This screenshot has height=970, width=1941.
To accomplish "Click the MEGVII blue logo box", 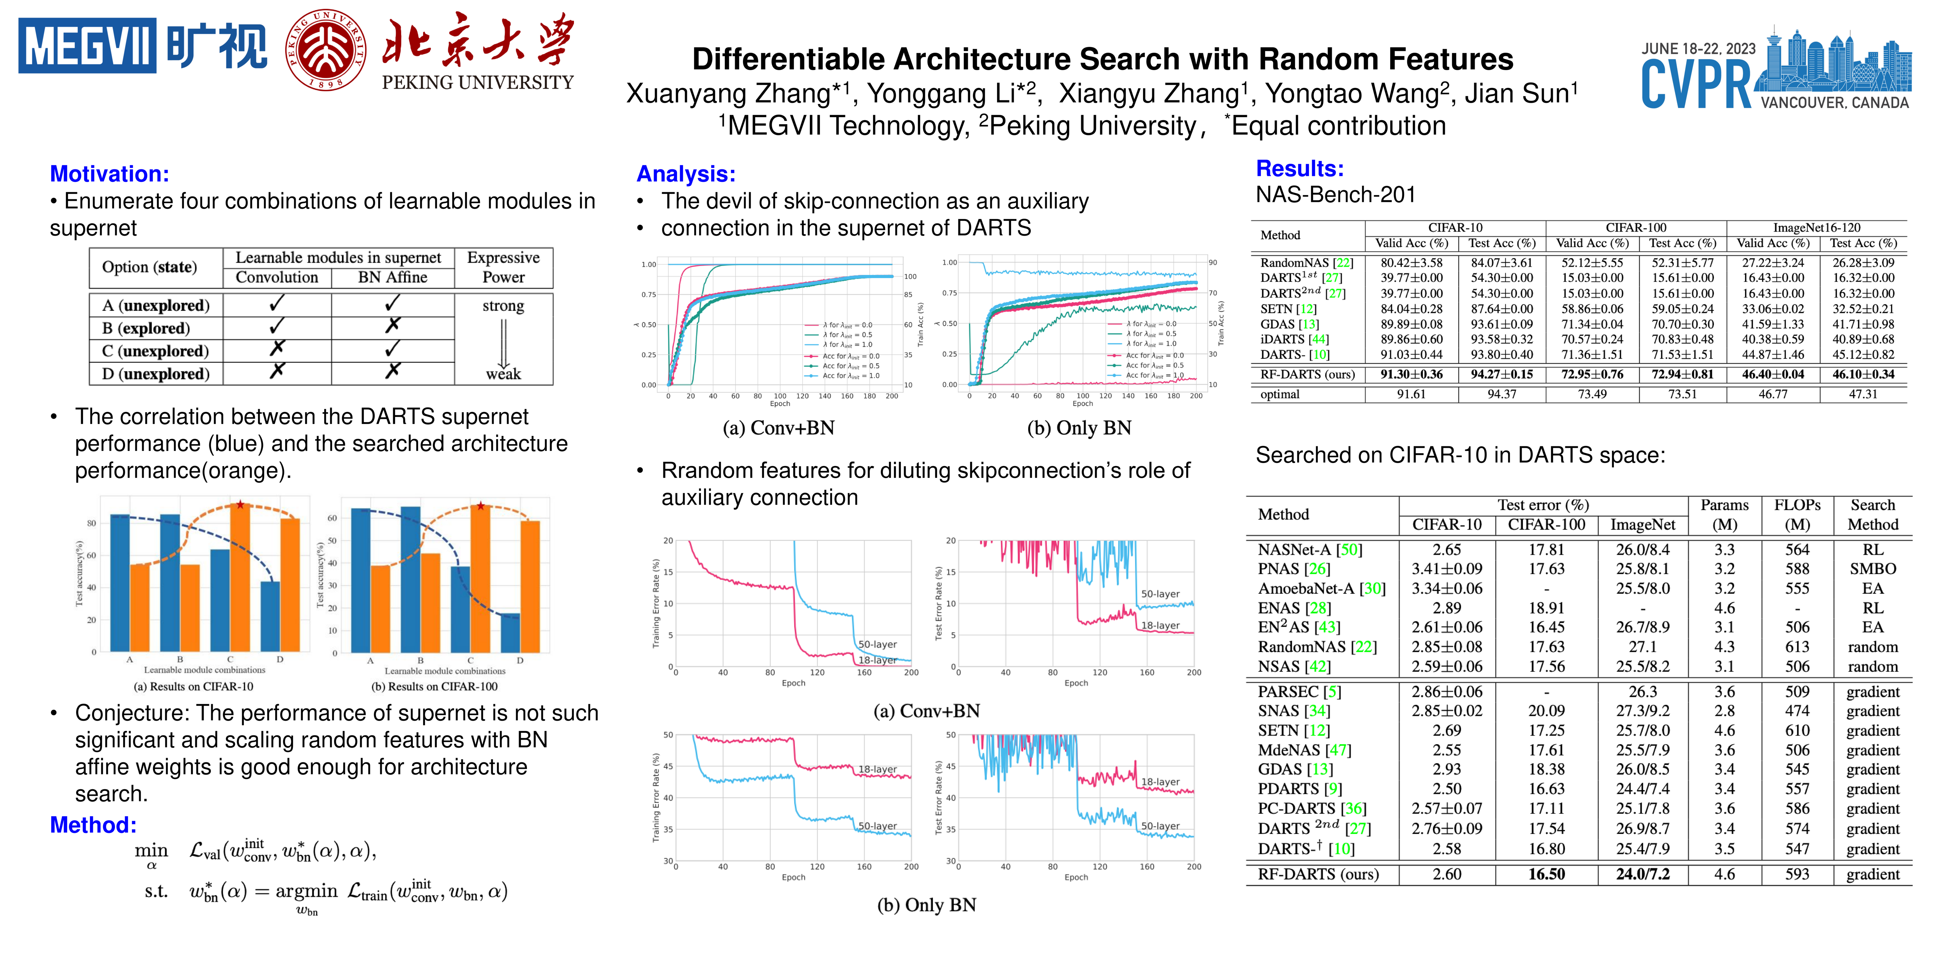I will point(88,46).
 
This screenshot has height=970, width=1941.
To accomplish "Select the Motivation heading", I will point(109,174).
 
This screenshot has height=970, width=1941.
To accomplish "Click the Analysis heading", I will point(686,174).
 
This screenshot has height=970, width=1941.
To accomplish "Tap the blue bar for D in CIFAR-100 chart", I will point(510,633).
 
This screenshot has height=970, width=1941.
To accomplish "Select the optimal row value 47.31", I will point(1863,394).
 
